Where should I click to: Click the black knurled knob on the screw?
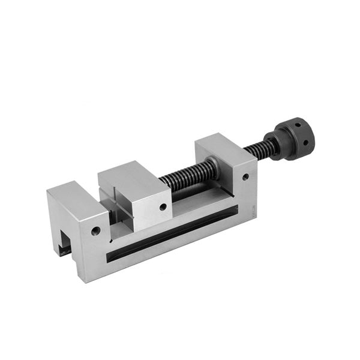click(x=292, y=139)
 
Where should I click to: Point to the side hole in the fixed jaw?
click(x=95, y=230)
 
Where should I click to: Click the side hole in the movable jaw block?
click(x=163, y=207)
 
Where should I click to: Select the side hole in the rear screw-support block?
click(x=245, y=177)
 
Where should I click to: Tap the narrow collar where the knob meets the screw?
click(x=273, y=148)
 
